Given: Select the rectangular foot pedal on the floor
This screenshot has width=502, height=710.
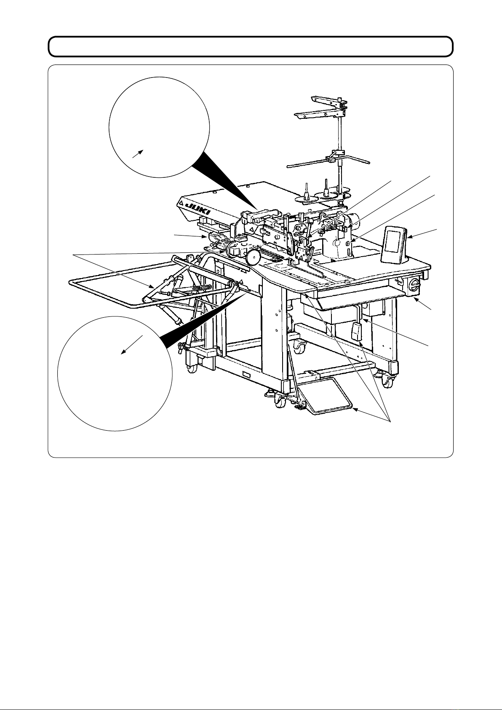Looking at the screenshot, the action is (x=331, y=396).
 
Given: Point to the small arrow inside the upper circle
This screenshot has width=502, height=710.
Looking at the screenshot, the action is (x=138, y=154).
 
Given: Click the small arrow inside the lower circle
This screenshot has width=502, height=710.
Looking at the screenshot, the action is (x=132, y=345).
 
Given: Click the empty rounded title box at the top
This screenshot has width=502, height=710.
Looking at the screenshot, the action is (x=251, y=47).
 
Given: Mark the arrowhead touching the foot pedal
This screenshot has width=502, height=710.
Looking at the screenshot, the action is (x=356, y=410).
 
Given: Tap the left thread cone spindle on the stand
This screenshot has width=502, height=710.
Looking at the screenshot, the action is (x=306, y=191).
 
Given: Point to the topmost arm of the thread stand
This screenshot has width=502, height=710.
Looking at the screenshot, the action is (x=329, y=101).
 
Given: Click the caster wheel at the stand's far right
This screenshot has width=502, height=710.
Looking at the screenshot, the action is (x=387, y=383).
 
